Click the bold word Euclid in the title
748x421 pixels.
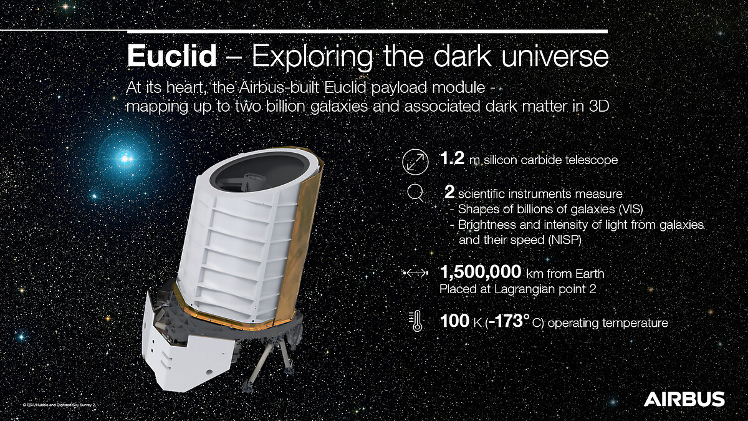click(x=172, y=56)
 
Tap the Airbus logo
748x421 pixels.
click(x=684, y=399)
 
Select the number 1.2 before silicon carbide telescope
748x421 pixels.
click(x=452, y=158)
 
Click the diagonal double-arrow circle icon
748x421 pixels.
click(x=415, y=162)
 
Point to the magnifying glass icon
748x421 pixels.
click(x=416, y=194)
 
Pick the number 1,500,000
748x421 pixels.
click(x=481, y=272)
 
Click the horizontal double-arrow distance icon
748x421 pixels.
click(x=416, y=273)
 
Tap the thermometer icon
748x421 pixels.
click(x=416, y=321)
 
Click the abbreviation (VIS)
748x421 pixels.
click(x=630, y=209)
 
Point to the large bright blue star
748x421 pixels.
click(x=125, y=158)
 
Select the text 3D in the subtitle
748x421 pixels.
click(x=599, y=106)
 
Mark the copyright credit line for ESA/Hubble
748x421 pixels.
click(x=59, y=405)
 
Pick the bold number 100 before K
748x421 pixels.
click(x=455, y=321)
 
